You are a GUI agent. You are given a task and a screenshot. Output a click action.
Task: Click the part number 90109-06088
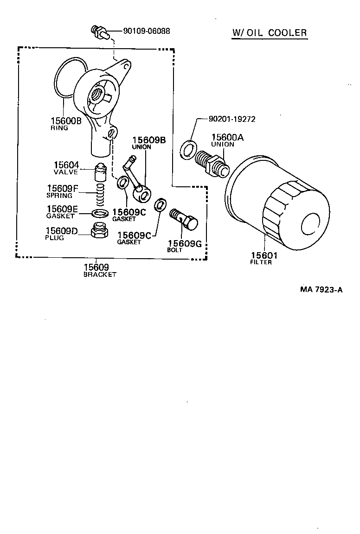tap(147, 31)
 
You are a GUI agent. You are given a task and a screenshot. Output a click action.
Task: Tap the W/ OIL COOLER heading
tap(270, 32)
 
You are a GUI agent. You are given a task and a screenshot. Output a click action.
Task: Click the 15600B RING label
tap(66, 124)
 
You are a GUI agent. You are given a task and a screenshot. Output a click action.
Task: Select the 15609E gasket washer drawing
tap(99, 213)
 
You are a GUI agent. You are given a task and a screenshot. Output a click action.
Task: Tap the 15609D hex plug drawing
tap(99, 230)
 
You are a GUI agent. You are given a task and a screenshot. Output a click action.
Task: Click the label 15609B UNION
tap(148, 143)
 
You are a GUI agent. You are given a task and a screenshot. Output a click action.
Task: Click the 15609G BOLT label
tap(184, 246)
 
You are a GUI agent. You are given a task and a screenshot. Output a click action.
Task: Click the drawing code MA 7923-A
tap(321, 290)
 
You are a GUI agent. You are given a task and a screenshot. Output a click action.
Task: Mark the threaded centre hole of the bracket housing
tap(99, 94)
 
